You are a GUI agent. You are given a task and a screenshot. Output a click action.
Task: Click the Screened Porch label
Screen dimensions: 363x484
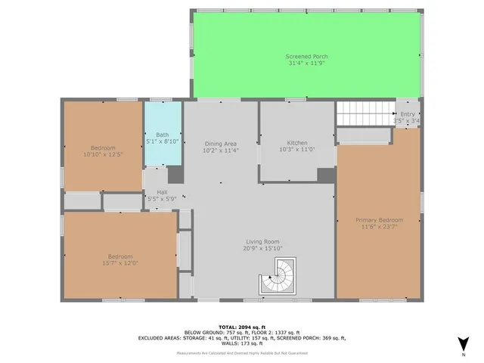[306, 57]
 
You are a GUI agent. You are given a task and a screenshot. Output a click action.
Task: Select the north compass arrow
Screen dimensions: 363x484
[463, 344]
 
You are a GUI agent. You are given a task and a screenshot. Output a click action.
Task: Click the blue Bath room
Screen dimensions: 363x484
[163, 136]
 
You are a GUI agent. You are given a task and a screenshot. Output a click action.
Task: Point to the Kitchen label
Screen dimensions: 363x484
[296, 143]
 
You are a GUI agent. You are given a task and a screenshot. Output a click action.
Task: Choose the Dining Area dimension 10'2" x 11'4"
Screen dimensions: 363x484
[221, 150]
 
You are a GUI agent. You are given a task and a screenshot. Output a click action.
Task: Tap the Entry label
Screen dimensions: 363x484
[407, 113]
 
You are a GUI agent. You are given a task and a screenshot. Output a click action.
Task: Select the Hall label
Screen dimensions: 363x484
[162, 193]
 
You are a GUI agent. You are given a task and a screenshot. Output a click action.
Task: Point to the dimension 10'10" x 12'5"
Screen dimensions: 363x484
[103, 154]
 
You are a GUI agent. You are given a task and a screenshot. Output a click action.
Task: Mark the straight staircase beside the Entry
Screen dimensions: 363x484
[365, 114]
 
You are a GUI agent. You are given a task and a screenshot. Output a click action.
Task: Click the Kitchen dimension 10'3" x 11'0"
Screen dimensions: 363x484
[296, 150]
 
